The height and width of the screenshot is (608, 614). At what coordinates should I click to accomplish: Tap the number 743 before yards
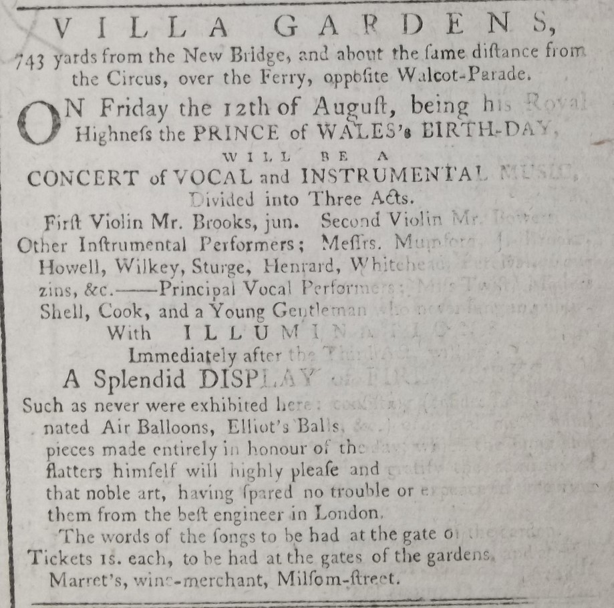[30, 60]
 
